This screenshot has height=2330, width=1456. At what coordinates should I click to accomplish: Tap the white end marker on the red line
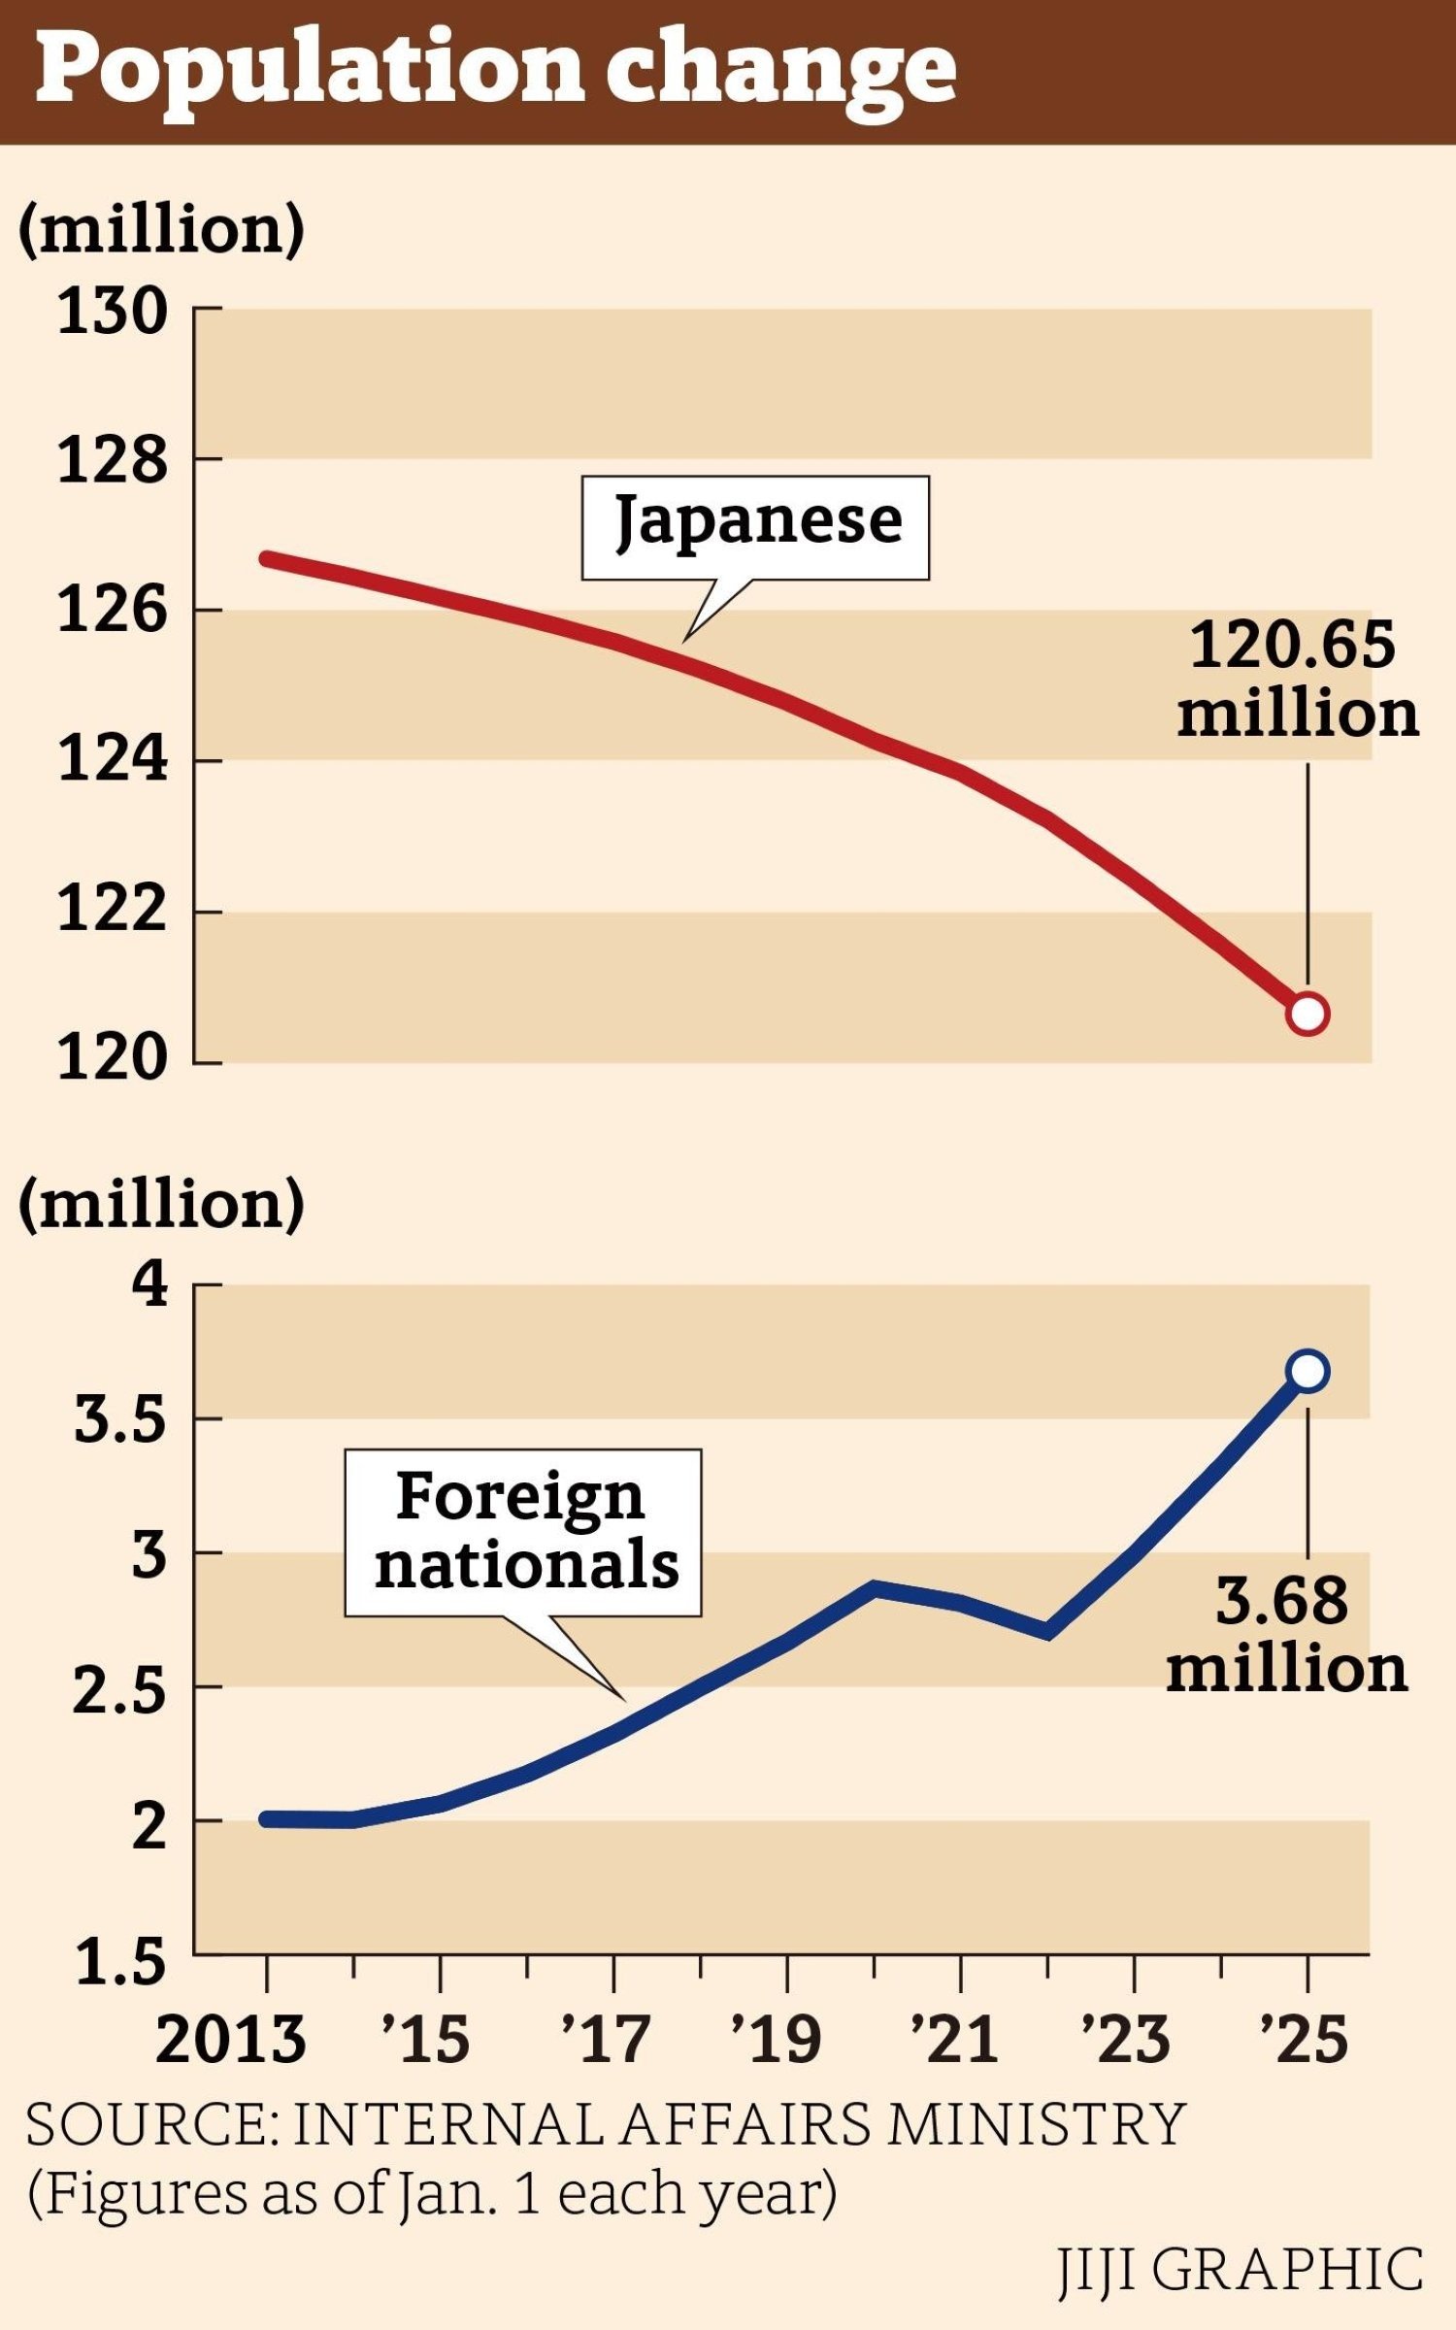[1307, 1014]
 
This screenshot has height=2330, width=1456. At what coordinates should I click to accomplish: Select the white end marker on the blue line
[1307, 1371]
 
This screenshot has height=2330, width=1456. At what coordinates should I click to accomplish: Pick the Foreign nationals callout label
[524, 1532]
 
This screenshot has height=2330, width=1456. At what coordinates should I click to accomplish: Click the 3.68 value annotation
[1284, 1634]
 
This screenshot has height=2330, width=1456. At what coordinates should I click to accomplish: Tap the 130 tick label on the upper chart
[113, 313]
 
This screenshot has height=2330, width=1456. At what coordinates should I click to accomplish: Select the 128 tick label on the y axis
[113, 460]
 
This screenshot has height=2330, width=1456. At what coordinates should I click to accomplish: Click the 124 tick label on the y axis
[113, 759]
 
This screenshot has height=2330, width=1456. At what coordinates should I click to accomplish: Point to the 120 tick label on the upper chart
[113, 1058]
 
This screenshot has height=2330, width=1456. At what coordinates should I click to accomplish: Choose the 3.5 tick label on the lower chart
[119, 1420]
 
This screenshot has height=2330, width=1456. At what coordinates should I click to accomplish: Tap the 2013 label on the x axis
[231, 2039]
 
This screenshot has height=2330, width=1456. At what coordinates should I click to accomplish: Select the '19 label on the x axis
[777, 2039]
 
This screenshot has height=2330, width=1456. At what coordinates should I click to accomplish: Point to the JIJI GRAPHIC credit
[1241, 2270]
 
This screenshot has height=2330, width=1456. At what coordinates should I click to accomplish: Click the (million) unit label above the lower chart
[161, 1204]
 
